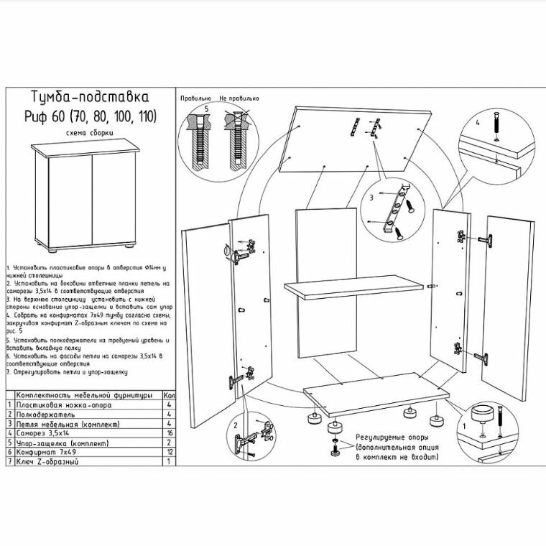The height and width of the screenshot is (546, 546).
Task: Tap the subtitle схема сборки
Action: (x=90, y=133)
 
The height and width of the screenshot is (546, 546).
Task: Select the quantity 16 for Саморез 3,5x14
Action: (x=168, y=434)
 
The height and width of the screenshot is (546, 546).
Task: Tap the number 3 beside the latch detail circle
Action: (x=371, y=195)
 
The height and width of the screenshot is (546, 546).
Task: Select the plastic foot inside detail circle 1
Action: (x=483, y=415)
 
